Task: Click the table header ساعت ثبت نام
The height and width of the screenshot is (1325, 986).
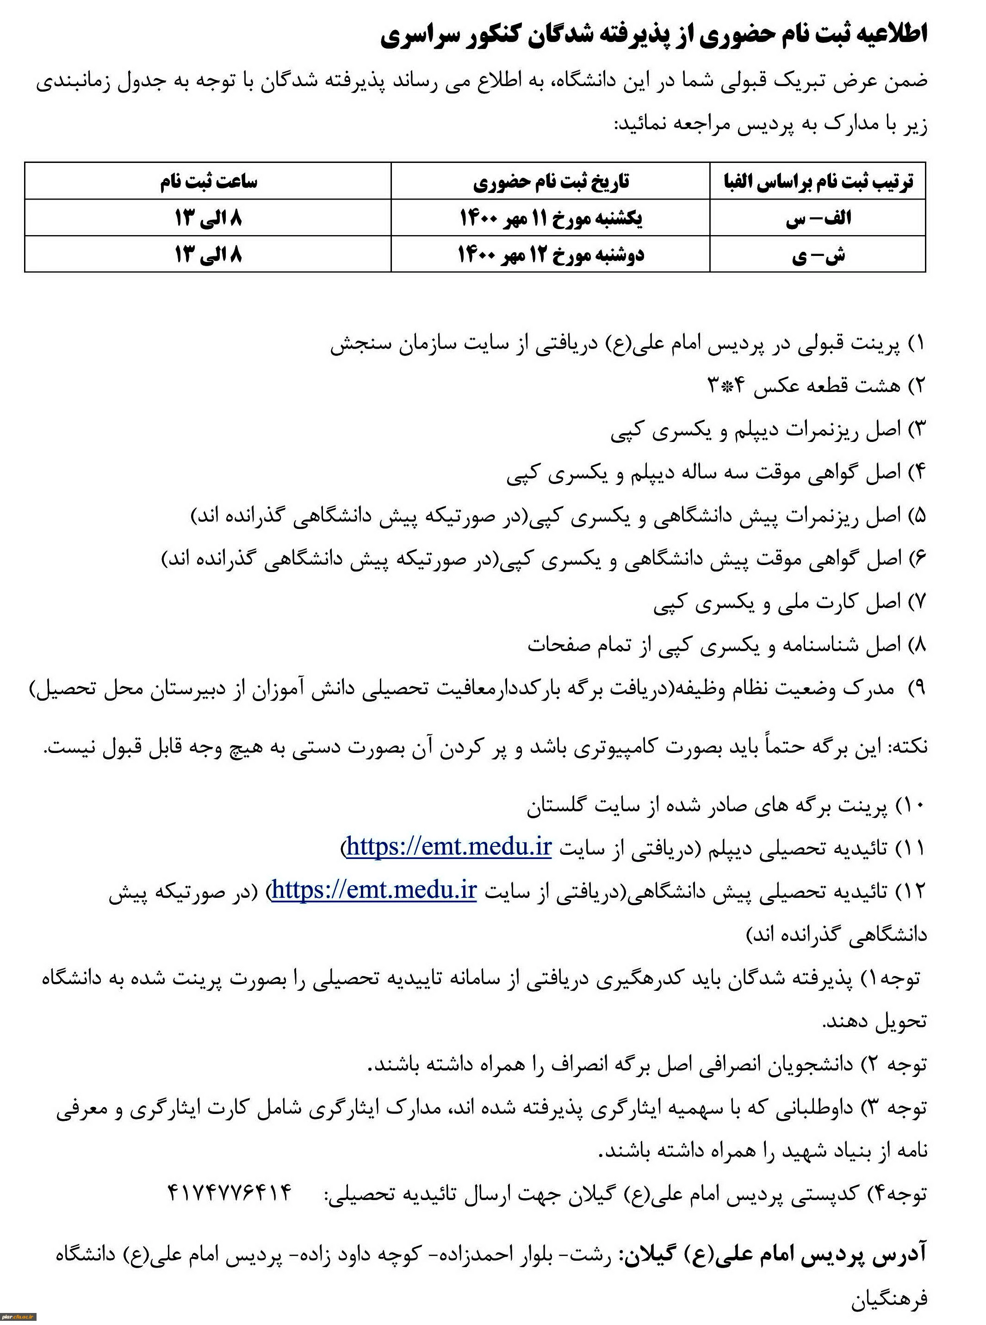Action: [x=208, y=181]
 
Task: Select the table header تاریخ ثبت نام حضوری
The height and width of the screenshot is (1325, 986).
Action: [x=551, y=181]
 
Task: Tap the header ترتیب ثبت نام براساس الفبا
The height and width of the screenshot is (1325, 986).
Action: [x=817, y=181]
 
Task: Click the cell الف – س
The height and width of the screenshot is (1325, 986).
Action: [x=818, y=218]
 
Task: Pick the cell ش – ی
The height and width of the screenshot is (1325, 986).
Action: [x=818, y=255]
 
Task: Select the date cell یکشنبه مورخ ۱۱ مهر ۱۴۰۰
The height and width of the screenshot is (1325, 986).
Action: [x=551, y=218]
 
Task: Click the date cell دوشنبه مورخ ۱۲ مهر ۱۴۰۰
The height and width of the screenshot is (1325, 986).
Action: [x=551, y=255]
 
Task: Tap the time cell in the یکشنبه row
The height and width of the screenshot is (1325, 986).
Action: [x=208, y=218]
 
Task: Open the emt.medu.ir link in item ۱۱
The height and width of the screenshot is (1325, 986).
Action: [x=449, y=846]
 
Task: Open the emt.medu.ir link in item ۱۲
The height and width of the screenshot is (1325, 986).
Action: [x=374, y=890]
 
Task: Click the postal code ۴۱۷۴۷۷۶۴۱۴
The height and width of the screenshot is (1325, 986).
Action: [x=230, y=1193]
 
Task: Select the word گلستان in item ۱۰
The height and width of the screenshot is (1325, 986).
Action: [x=558, y=806]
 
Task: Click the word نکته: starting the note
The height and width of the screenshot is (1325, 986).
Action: [x=907, y=746]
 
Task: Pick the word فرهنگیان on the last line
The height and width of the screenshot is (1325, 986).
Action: [x=889, y=1296]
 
